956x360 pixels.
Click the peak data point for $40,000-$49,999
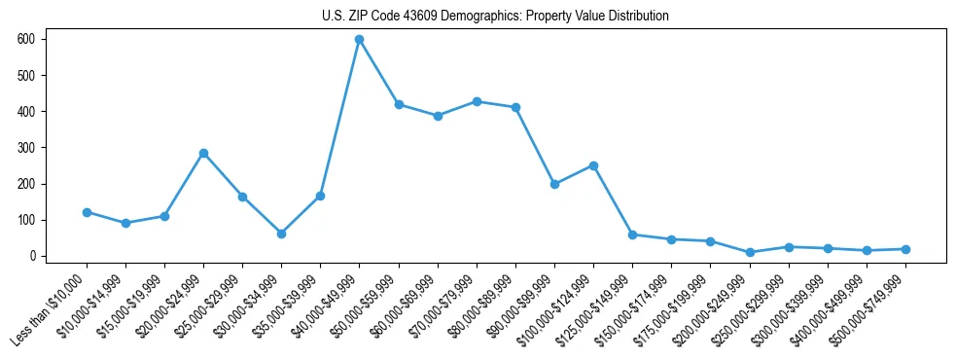[x=360, y=39]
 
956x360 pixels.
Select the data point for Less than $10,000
[x=87, y=212]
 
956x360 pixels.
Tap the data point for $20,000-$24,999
[x=203, y=153]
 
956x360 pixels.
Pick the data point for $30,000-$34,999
[x=281, y=234]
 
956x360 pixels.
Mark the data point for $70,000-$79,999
[x=477, y=101]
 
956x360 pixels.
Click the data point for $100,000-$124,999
[x=593, y=165]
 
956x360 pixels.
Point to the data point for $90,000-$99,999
[x=554, y=184]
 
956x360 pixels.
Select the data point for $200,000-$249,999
[x=750, y=252]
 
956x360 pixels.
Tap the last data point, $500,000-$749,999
[x=905, y=249]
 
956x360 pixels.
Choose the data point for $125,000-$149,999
[x=632, y=234]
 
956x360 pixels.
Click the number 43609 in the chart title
[x=419, y=17]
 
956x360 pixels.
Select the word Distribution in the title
[x=638, y=17]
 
